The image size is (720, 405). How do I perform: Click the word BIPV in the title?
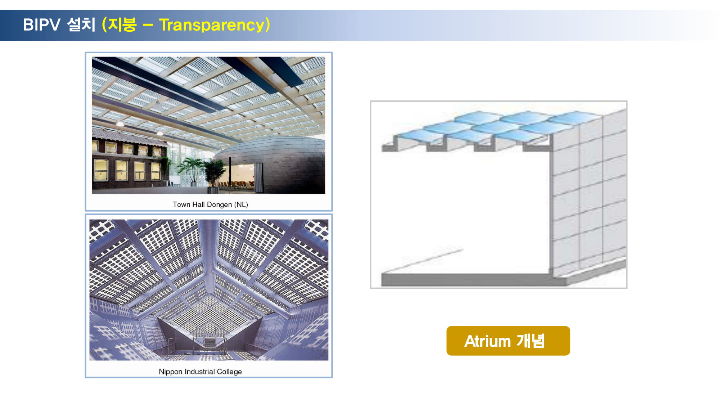(41, 25)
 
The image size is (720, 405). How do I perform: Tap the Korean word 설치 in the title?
(81, 24)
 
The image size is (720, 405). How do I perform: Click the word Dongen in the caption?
(220, 205)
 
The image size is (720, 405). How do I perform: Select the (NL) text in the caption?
(241, 204)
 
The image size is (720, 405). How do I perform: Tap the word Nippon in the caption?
(171, 372)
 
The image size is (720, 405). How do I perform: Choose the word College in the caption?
(229, 372)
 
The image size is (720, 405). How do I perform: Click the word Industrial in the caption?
(199, 372)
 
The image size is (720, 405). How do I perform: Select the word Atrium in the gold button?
(487, 341)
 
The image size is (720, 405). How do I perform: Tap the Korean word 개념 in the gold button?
(531, 341)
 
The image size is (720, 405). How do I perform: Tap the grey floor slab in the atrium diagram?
(468, 279)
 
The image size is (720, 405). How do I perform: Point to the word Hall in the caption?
(198, 204)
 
